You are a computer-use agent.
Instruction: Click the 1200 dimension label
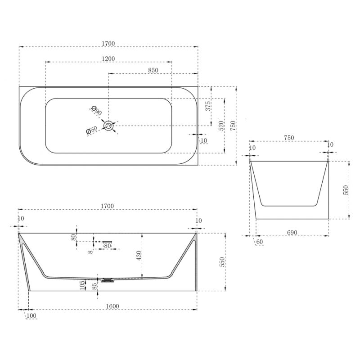(108, 59)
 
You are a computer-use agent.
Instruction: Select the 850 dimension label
(153, 70)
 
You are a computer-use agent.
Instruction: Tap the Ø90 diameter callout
(96, 111)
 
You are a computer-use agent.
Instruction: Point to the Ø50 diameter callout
(92, 130)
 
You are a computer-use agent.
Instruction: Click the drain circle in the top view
(108, 126)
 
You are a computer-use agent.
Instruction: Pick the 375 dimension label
(208, 106)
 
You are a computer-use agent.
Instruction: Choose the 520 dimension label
(221, 126)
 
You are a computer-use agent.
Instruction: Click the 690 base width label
(292, 233)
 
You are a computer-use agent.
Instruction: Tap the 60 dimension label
(260, 242)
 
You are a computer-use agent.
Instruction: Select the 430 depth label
(139, 256)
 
